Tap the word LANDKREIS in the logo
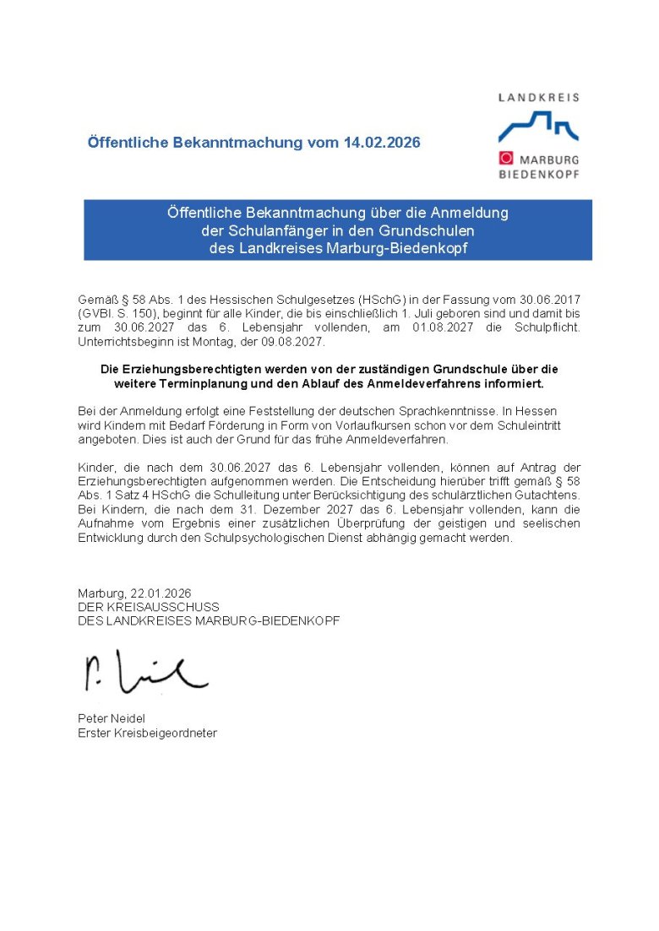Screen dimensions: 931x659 tap(538, 97)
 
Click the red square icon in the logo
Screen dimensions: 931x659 tap(506, 158)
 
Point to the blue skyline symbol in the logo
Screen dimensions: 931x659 tap(537, 127)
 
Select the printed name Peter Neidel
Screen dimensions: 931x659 tap(112, 718)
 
